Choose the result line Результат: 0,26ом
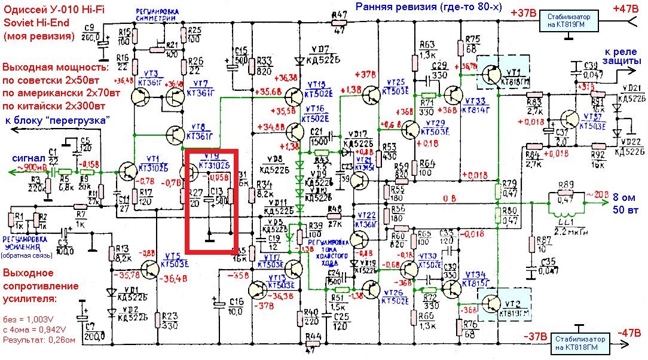[x=38, y=340]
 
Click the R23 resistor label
[x=170, y=316]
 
